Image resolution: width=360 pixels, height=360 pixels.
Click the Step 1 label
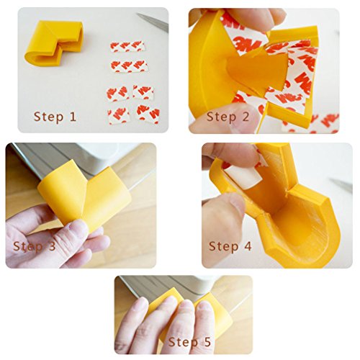(55, 117)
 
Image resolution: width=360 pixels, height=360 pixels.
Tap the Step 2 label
(228, 117)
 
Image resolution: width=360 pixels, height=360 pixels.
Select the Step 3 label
(35, 246)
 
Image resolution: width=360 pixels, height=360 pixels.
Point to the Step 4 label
(230, 246)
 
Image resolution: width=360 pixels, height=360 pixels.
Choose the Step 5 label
(189, 342)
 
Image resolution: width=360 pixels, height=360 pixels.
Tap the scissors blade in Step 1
(153, 22)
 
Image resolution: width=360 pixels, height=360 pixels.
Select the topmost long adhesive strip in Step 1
(127, 47)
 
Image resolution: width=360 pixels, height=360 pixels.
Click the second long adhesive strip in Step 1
(129, 66)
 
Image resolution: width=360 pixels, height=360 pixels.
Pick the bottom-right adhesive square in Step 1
(148, 113)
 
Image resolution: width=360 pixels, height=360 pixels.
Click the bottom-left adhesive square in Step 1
(119, 114)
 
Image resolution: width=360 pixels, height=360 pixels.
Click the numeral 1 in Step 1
(73, 117)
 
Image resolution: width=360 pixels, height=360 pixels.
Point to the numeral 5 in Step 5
(207, 342)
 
